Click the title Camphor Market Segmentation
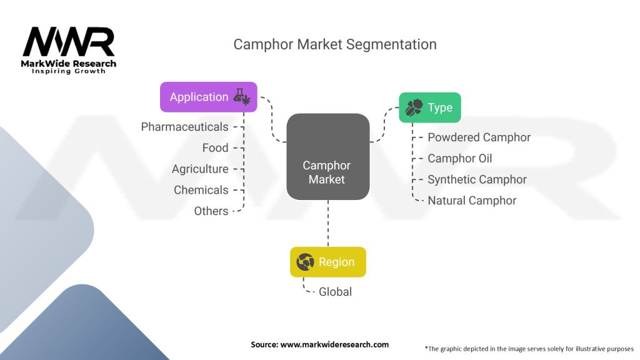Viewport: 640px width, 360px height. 334,44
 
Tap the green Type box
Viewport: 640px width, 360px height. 430,107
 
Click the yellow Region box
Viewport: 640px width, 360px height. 327,262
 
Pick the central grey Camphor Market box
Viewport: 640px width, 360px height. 327,157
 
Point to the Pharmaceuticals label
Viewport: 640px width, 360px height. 184,127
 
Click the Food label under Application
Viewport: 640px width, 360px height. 215,148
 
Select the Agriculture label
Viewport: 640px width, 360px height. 200,169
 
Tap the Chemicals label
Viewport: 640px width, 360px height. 201,190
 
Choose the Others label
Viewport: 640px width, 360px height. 211,211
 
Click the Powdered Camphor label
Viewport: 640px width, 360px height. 479,137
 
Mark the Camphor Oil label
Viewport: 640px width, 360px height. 459,159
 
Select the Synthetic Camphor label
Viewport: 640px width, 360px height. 477,179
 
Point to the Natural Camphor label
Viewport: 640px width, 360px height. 472,201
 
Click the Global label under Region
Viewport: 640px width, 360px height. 335,292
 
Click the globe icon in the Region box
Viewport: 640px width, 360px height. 306,262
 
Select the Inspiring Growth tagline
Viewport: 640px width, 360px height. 69,71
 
